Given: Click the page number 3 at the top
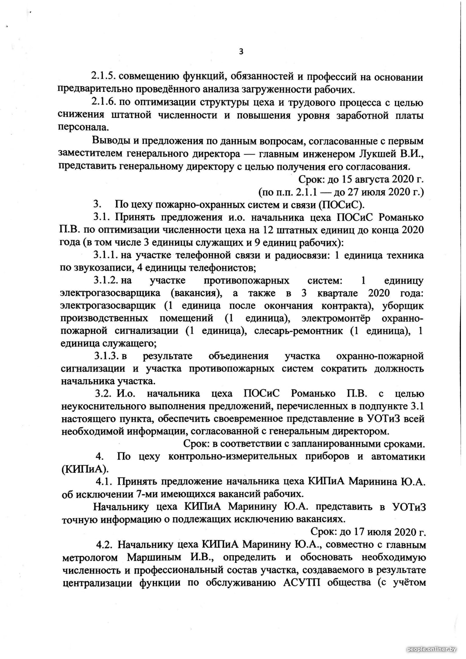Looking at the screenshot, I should (241, 52).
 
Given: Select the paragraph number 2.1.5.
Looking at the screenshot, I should (103, 77).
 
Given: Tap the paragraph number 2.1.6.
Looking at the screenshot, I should (103, 102).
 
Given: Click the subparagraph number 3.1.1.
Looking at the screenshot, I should (106, 256).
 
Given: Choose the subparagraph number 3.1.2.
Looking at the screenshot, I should (106, 281).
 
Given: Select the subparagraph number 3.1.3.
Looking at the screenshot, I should (106, 356).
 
